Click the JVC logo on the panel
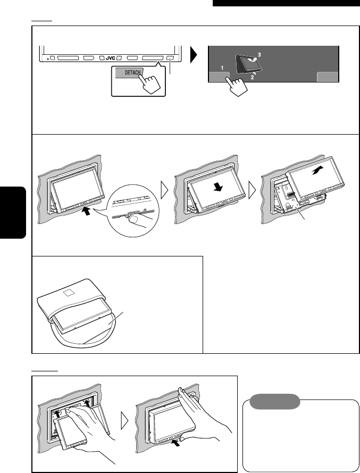pos(110,57)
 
